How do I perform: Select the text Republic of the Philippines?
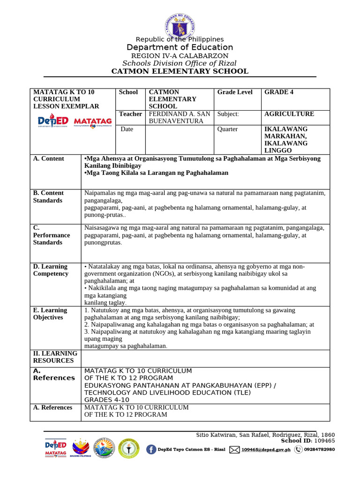[180, 39]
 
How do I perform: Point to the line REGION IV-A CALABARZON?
[180, 56]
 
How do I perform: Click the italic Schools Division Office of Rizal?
[180, 63]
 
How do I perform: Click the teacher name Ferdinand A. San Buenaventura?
[179, 117]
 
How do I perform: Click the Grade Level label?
[235, 92]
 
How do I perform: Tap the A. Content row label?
[49, 158]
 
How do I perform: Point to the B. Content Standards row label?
[48, 196]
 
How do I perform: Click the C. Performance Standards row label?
[51, 235]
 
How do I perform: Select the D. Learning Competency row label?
[50, 270]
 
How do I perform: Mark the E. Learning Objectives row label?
[50, 314]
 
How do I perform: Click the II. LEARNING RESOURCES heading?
[55, 357]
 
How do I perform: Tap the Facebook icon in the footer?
[151, 450]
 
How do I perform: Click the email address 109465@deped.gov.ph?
[266, 450]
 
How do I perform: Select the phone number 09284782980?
[319, 450]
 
